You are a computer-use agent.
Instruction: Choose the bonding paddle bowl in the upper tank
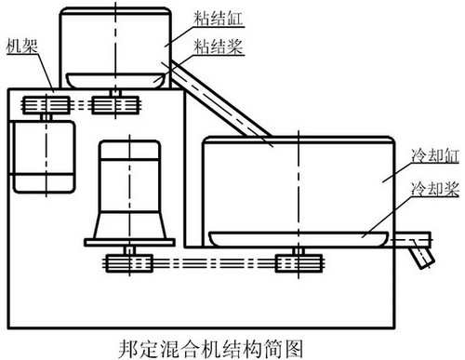tap(116, 81)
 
